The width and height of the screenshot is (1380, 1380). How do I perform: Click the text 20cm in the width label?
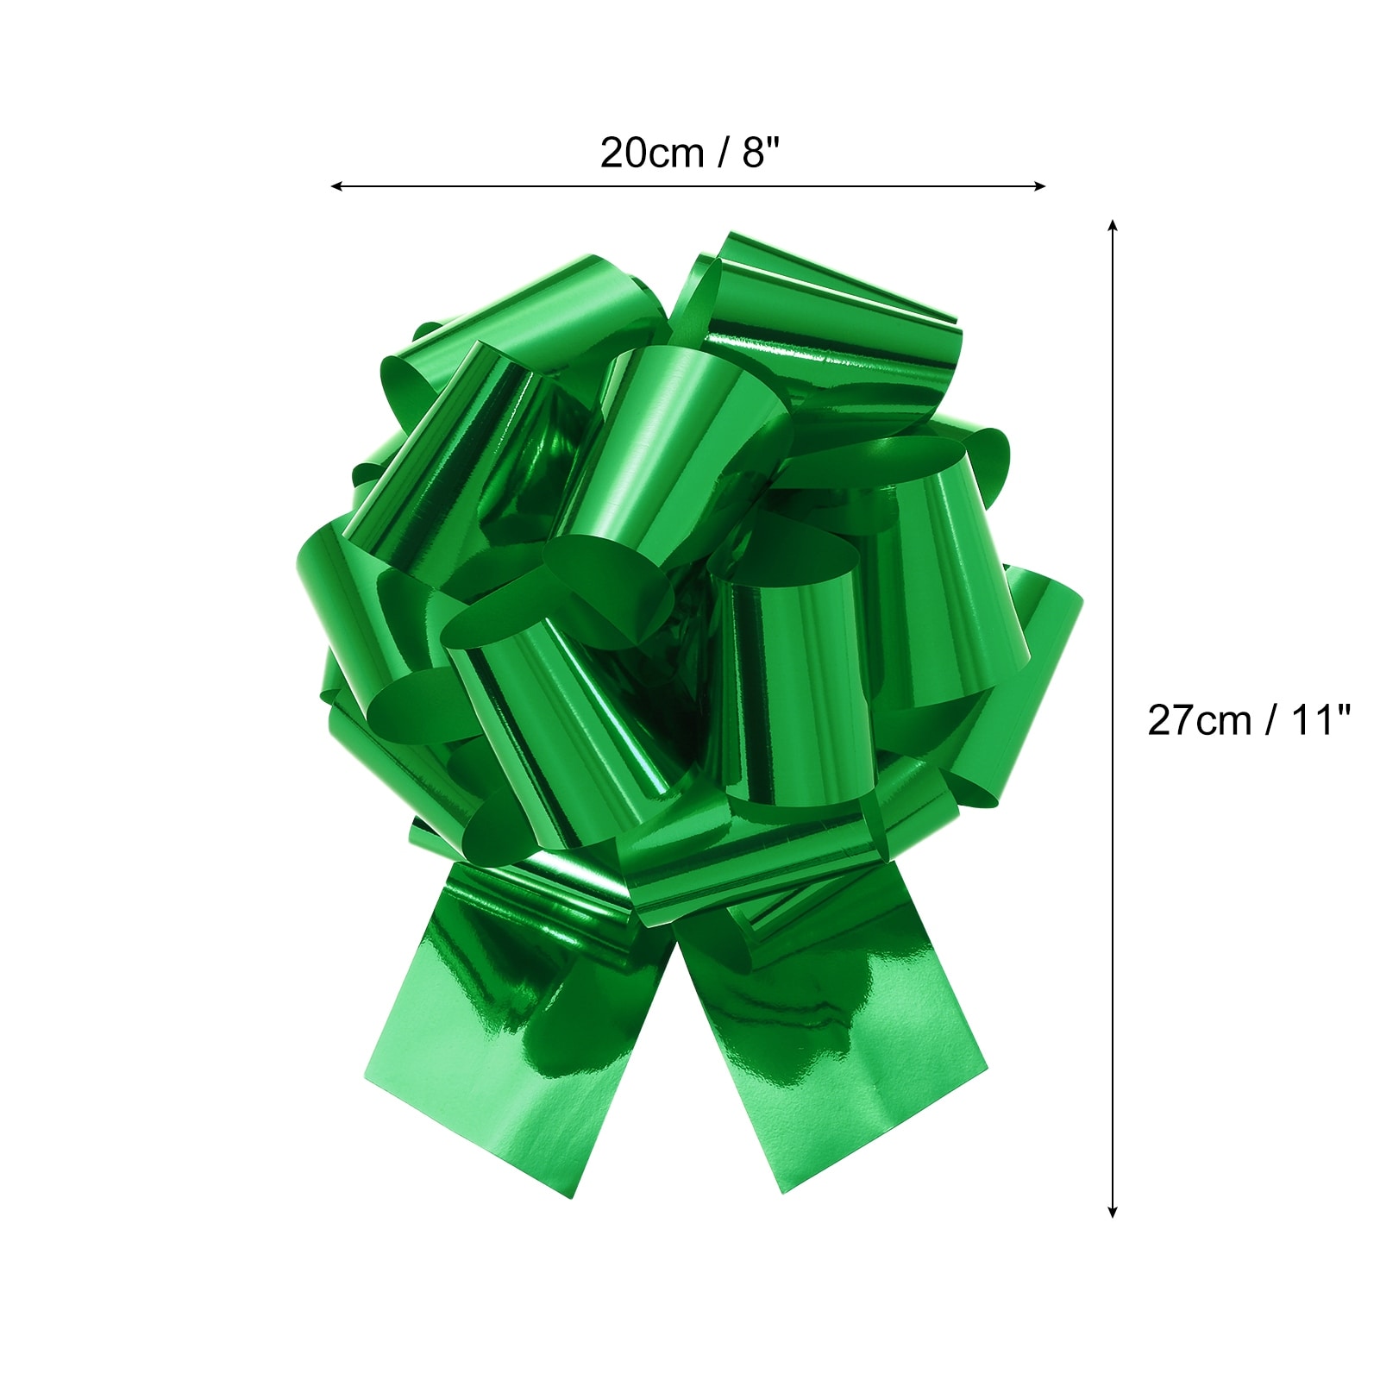coord(652,154)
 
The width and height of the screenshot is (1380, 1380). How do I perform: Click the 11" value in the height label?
coord(1320,719)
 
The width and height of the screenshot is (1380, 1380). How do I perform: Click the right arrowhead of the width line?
coord(1040,185)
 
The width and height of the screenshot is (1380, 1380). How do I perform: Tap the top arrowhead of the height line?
coord(1113,225)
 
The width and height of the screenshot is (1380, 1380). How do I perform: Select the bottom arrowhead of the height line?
coord(1113,1212)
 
